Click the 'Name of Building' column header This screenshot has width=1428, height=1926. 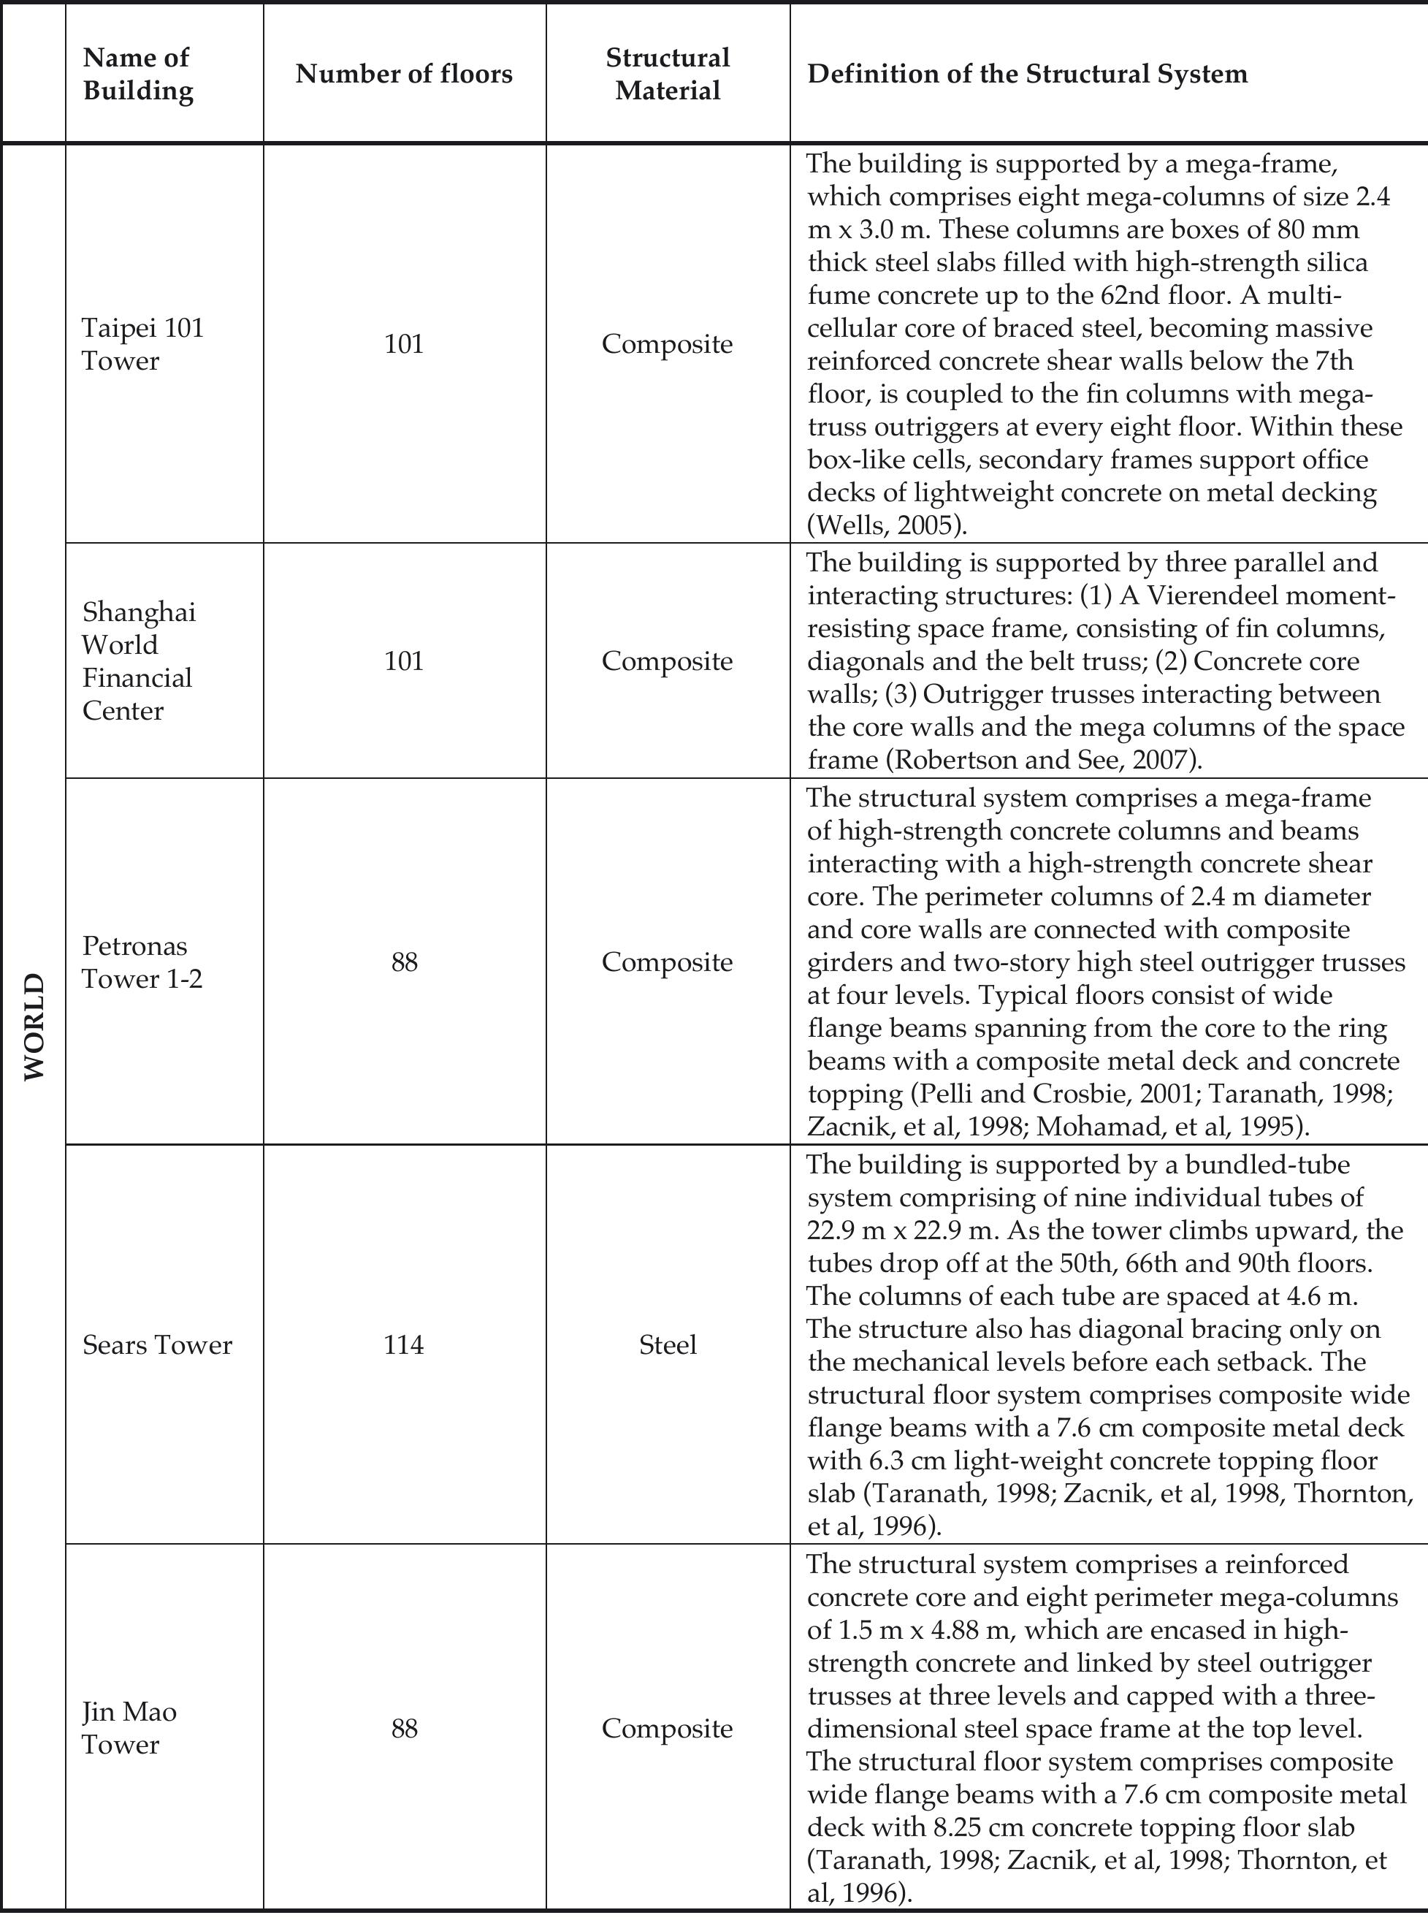tap(137, 75)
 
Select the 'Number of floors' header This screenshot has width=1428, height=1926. tap(404, 75)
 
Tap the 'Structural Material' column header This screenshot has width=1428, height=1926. tap(668, 75)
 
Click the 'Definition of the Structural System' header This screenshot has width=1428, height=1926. tap(1027, 75)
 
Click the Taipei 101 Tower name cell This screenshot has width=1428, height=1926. tap(142, 344)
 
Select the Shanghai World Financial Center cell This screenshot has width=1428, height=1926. tap(138, 661)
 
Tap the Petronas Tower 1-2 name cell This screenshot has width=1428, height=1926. tap(142, 962)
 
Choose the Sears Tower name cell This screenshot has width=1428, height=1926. tap(157, 1345)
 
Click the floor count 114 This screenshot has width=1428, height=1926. tap(404, 1345)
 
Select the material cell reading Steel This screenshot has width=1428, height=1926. tap(668, 1345)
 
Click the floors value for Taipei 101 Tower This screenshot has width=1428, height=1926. tap(404, 344)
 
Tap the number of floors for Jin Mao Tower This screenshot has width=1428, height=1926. tap(404, 1728)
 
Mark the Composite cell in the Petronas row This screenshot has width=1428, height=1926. tap(668, 962)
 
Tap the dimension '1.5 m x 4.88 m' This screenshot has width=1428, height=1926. tap(919, 1630)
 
